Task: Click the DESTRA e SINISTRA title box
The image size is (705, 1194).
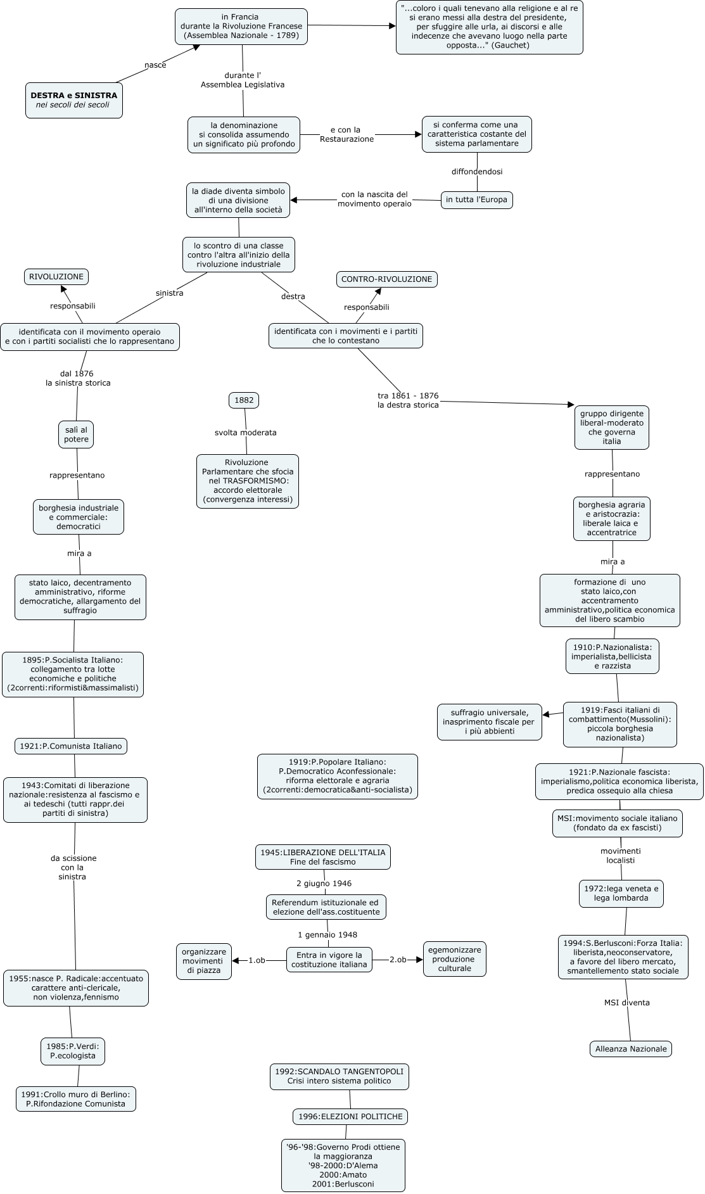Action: [74, 100]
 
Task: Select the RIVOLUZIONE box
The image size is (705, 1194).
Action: [56, 277]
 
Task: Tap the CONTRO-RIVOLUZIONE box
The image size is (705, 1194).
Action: [386, 279]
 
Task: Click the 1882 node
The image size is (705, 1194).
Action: [244, 400]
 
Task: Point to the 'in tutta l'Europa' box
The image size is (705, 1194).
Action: [476, 200]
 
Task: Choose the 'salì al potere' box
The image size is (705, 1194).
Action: [76, 435]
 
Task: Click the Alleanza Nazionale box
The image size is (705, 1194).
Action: [631, 1049]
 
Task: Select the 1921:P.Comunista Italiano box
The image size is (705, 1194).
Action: [71, 746]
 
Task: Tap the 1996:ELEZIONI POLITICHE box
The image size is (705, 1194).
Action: [350, 1117]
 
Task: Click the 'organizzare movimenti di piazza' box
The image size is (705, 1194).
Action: [204, 961]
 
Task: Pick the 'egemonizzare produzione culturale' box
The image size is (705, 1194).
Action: [455, 959]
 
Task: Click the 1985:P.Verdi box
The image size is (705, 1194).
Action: [73, 1051]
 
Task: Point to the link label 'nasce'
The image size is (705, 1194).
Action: [155, 65]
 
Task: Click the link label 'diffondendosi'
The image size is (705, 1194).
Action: [477, 172]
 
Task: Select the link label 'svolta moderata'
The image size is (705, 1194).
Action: [246, 433]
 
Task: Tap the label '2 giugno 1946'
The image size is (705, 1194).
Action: [324, 884]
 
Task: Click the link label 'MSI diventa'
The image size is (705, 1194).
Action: [627, 1003]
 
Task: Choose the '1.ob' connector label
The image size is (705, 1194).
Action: [257, 960]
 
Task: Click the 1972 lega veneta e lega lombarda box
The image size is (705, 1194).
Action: [621, 893]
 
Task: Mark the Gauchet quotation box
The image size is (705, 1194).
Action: [490, 27]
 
